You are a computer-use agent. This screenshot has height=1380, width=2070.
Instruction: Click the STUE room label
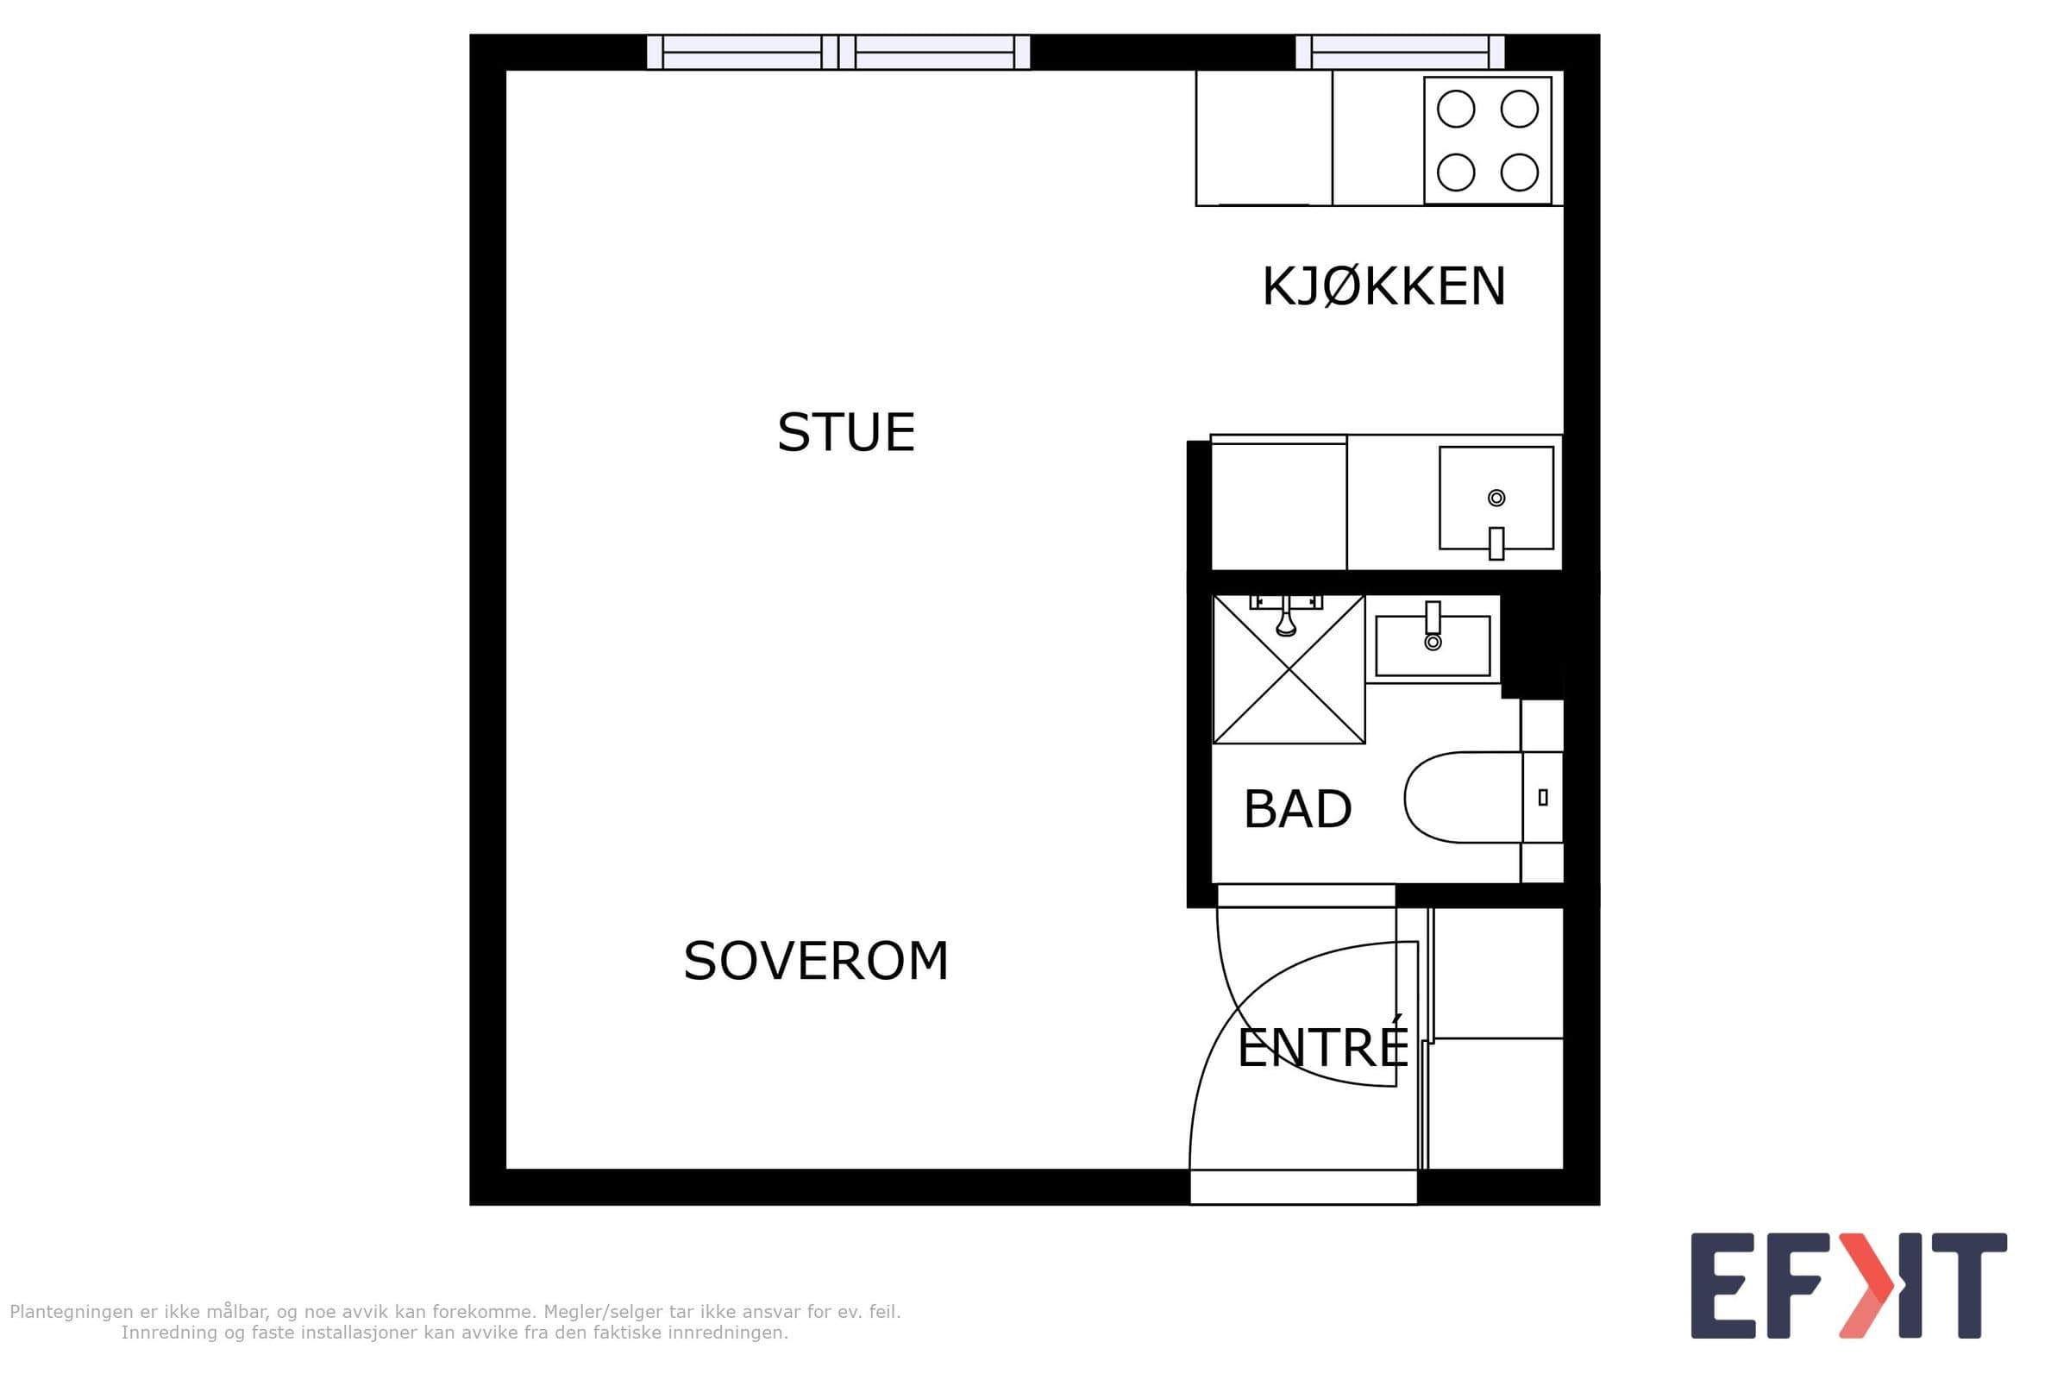pyautogui.click(x=846, y=432)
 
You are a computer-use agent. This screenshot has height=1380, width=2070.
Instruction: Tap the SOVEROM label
pyautogui.click(x=816, y=960)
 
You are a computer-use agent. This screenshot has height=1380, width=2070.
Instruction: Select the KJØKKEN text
pyautogui.click(x=1383, y=286)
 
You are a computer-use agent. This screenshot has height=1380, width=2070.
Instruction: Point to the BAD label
pyautogui.click(x=1297, y=809)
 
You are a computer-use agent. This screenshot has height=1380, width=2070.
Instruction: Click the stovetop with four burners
pyautogui.click(x=1487, y=141)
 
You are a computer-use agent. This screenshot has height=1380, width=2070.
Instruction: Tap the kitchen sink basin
pyautogui.click(x=1496, y=499)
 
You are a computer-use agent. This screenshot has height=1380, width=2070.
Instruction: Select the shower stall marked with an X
pyautogui.click(x=1289, y=669)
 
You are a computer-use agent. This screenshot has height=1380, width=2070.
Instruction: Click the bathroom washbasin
pyautogui.click(x=1433, y=645)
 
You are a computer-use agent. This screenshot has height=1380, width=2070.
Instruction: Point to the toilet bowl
pyautogui.click(x=1464, y=797)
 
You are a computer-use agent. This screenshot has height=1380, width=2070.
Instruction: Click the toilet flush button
pyautogui.click(x=1543, y=797)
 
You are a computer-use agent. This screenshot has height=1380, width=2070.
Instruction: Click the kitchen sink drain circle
pyautogui.click(x=1496, y=499)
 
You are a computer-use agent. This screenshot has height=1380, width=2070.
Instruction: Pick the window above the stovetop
pyautogui.click(x=1400, y=52)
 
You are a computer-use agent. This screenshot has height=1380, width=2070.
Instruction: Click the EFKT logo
pyautogui.click(x=1849, y=1286)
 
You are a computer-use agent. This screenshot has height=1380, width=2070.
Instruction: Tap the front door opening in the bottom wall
pyautogui.click(x=1303, y=1187)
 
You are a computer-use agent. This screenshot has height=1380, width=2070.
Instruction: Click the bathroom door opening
pyautogui.click(x=1306, y=895)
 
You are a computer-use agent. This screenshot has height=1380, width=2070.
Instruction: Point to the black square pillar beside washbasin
pyautogui.click(x=1533, y=646)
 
